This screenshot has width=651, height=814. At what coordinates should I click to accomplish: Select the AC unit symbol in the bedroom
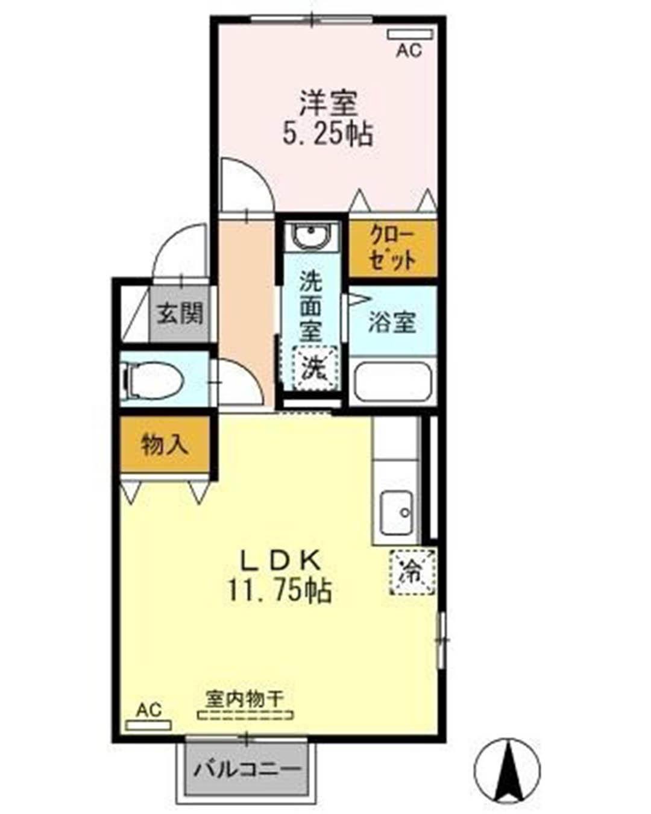(410, 34)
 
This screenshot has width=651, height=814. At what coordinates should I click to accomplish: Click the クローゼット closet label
(393, 248)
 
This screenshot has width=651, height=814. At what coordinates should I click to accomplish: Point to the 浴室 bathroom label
(392, 321)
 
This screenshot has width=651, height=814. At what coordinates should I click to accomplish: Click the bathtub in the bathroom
(393, 381)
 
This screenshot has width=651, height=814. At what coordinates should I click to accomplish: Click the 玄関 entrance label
(180, 314)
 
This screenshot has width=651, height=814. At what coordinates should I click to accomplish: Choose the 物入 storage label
(165, 445)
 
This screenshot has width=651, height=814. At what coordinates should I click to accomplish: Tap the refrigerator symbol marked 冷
(412, 572)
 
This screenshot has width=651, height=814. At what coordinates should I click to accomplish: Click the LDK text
(280, 561)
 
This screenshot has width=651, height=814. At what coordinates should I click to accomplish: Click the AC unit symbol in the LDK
(148, 724)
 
